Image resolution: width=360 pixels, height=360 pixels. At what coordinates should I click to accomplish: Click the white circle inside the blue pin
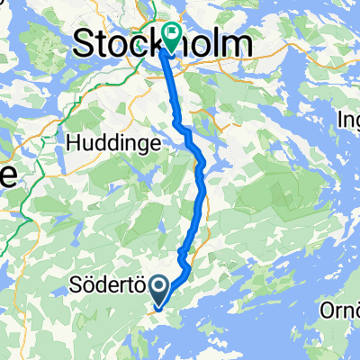point(158,288)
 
